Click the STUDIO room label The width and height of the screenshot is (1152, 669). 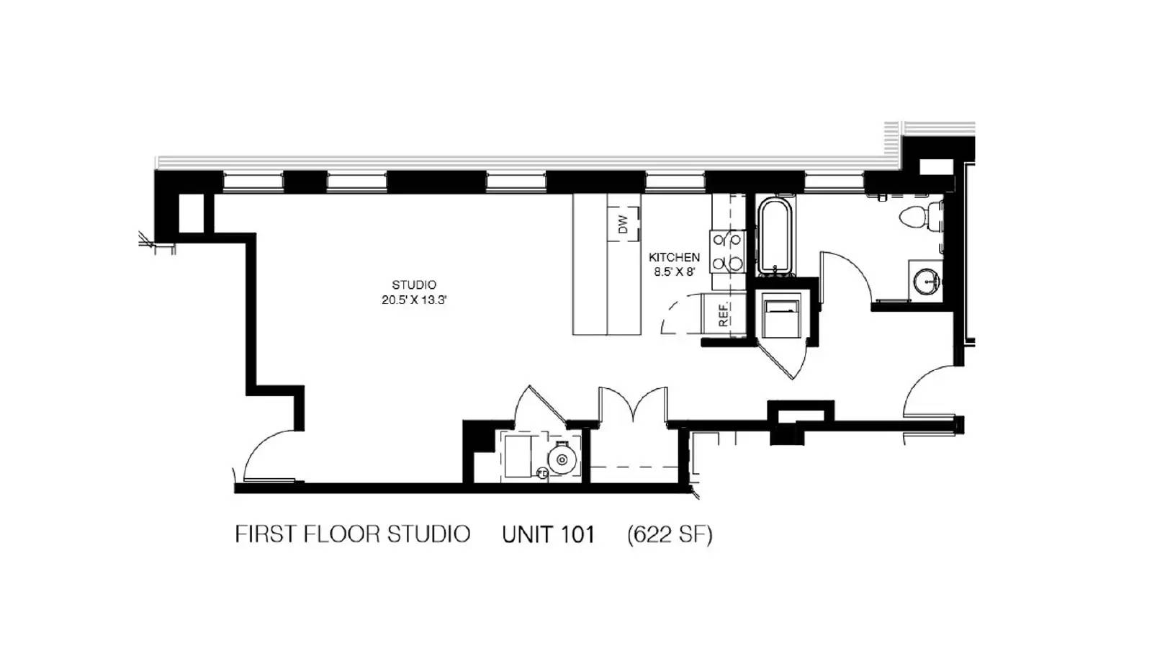click(x=414, y=285)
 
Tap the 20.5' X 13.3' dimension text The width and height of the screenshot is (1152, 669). click(x=414, y=300)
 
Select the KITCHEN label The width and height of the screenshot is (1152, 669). click(x=674, y=257)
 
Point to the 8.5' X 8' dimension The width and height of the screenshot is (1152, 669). click(x=674, y=272)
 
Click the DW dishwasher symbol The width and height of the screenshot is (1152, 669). click(x=624, y=224)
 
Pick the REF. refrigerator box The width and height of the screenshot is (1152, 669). click(x=723, y=315)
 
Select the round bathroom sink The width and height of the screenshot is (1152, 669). click(x=926, y=279)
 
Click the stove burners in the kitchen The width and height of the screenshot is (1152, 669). click(x=727, y=251)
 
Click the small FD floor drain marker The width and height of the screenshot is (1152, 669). click(x=542, y=473)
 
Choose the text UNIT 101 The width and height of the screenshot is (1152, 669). click(x=548, y=535)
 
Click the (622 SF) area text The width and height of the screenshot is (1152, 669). click(x=670, y=535)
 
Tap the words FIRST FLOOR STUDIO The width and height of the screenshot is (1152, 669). click(x=353, y=534)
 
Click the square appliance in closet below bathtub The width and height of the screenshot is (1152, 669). click(x=781, y=315)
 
